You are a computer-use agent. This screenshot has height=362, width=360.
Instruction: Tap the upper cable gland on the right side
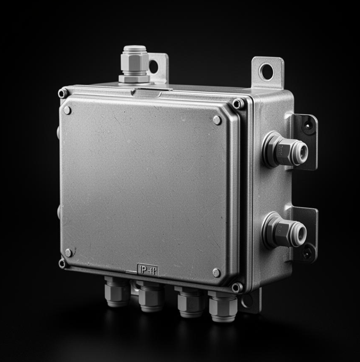tap(285, 150)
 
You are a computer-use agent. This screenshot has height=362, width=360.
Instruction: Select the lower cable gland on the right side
tap(285, 230)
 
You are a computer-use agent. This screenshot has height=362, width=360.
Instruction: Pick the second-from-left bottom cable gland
tap(151, 297)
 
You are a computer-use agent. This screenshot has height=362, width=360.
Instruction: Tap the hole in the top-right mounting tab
tap(266, 72)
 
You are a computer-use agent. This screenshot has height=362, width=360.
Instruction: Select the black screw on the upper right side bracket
tap(307, 125)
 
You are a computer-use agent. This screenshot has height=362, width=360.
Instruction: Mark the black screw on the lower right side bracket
tap(307, 253)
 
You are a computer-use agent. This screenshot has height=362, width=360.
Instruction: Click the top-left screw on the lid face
tap(67, 110)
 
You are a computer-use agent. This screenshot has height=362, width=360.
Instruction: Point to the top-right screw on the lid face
tap(217, 120)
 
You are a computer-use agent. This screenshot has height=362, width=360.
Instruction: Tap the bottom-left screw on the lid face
tap(69, 253)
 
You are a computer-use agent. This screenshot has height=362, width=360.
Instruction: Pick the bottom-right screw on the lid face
tap(216, 273)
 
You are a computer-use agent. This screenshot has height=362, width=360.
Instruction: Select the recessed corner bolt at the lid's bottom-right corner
tap(237, 287)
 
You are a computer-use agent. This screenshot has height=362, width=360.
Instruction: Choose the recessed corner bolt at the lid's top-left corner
tap(62, 94)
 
